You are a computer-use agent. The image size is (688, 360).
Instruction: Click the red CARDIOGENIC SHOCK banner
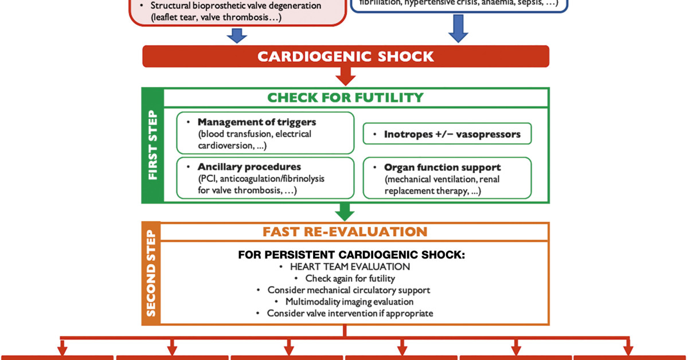pyautogui.click(x=345, y=56)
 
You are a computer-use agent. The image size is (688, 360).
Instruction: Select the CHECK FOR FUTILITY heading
pyautogui.click(x=345, y=97)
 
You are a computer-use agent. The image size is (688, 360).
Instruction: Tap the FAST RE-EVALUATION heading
pyautogui.click(x=345, y=232)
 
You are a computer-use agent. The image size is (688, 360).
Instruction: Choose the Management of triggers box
pyautogui.click(x=265, y=133)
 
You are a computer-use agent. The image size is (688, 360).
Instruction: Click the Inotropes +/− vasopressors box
pyautogui.click(x=447, y=134)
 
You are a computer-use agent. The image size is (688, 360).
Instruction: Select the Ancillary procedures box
pyautogui.click(x=265, y=178)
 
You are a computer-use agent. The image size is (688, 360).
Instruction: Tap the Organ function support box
pyautogui.click(x=447, y=178)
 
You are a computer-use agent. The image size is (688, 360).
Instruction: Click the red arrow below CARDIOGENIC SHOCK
pyautogui.click(x=346, y=76)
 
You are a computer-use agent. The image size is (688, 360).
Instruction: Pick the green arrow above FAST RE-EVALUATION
pyautogui.click(x=345, y=212)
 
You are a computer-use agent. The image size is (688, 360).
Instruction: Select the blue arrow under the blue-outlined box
pyautogui.click(x=458, y=29)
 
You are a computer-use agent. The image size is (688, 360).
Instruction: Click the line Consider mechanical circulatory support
pyautogui.click(x=349, y=290)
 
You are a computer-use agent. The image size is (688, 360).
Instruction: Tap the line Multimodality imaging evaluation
pyautogui.click(x=349, y=302)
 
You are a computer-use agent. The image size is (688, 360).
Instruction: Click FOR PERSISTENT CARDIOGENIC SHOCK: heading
pyautogui.click(x=351, y=255)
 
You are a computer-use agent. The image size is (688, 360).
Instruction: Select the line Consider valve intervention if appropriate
pyautogui.click(x=350, y=314)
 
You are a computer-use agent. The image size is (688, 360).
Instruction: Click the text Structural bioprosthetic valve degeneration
pyautogui.click(x=235, y=6)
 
